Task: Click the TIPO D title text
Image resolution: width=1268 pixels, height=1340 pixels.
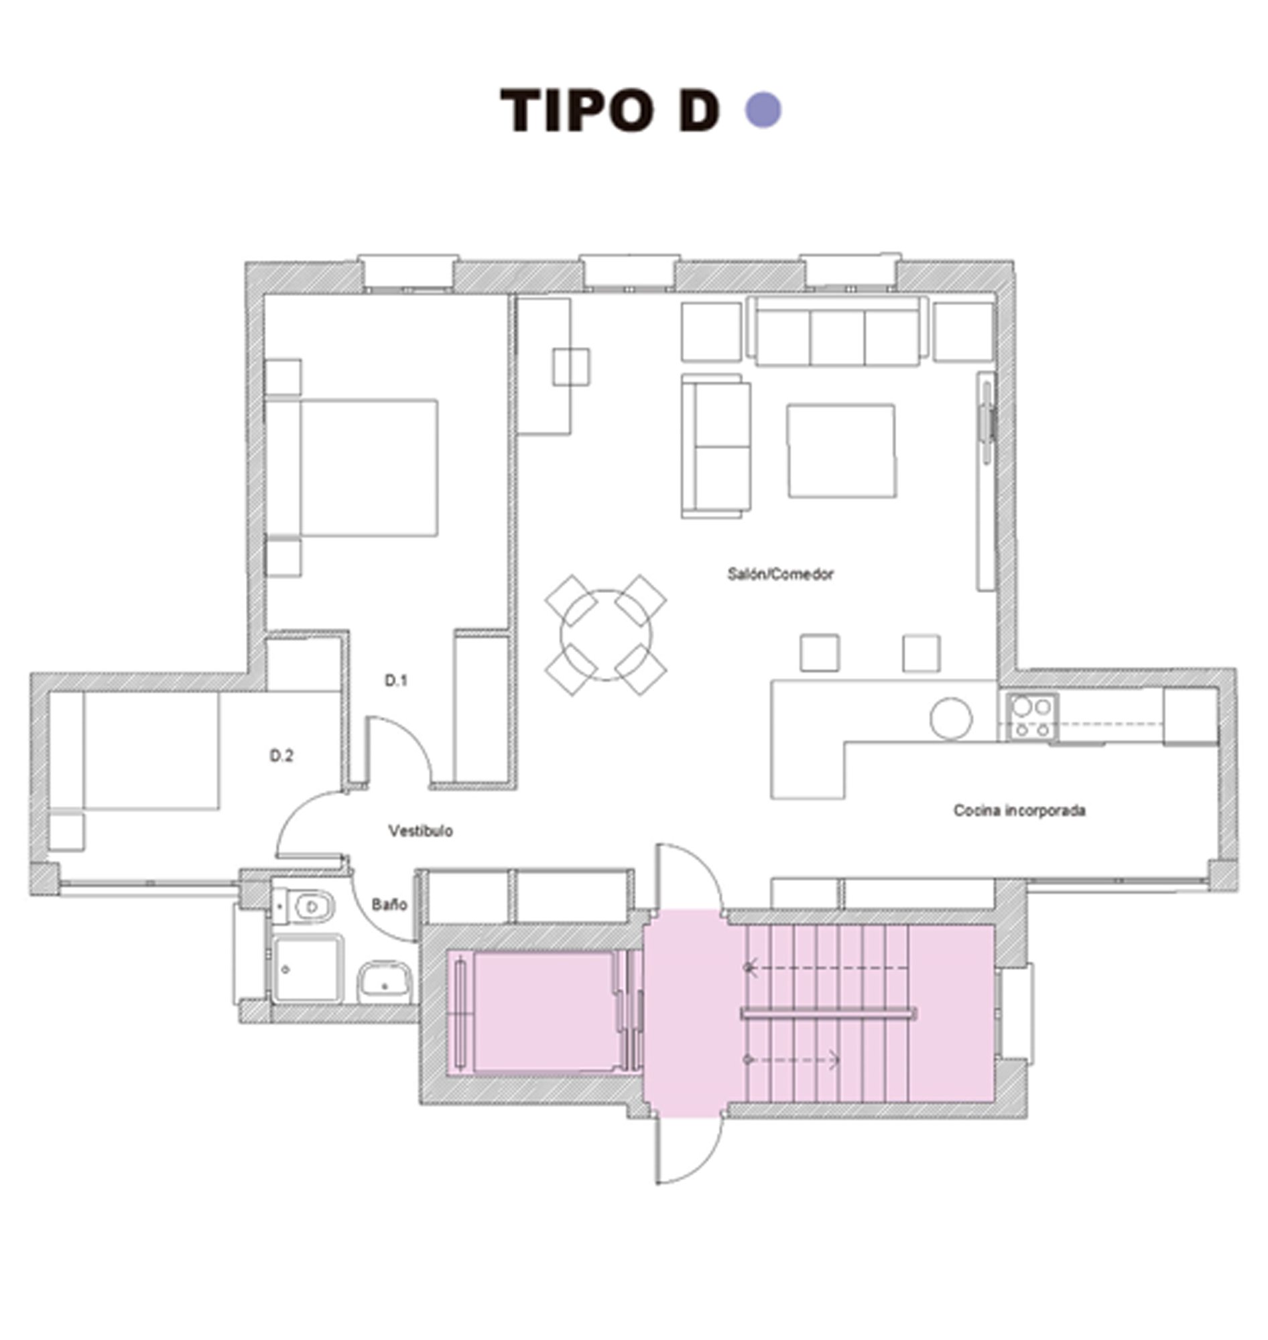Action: [609, 110]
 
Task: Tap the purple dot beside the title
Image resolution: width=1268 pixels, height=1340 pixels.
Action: [763, 110]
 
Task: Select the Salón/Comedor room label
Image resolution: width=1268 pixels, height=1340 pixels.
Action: [780, 574]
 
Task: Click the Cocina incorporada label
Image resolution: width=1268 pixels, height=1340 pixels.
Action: [1019, 810]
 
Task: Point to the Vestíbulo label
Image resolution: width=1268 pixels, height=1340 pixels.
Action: [420, 831]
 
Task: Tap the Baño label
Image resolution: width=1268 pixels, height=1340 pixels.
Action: [389, 904]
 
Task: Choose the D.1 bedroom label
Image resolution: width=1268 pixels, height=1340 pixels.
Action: [396, 681]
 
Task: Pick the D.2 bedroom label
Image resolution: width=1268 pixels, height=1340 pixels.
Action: [282, 756]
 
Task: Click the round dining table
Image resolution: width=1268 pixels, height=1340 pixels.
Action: [606, 635]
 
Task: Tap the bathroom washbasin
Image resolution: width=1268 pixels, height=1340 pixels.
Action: [384, 982]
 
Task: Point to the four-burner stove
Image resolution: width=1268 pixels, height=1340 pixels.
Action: [1032, 718]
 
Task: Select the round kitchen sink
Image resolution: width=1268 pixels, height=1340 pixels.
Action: [951, 718]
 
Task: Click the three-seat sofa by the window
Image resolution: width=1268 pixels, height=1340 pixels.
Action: [837, 333]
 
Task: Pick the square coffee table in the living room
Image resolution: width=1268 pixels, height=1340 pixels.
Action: [842, 451]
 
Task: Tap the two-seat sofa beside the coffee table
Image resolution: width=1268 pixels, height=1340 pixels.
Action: [716, 446]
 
